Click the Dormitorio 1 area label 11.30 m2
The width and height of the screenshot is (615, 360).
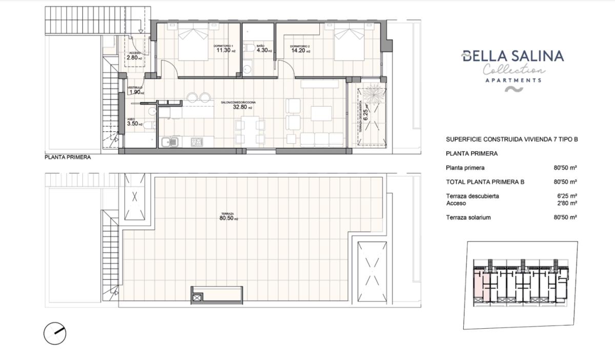click(x=225, y=50)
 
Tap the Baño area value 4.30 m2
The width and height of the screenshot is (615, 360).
click(x=263, y=50)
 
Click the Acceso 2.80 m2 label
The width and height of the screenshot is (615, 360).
click(x=134, y=57)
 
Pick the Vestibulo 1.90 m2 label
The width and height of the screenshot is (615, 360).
click(x=135, y=92)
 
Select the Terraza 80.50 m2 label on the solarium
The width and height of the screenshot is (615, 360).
click(x=228, y=218)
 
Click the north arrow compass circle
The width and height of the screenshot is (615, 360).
click(x=54, y=333)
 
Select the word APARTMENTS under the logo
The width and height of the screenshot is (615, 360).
click(x=513, y=81)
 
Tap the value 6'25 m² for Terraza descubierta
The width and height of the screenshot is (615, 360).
click(x=566, y=196)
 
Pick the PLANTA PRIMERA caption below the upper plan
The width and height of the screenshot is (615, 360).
click(x=68, y=157)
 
